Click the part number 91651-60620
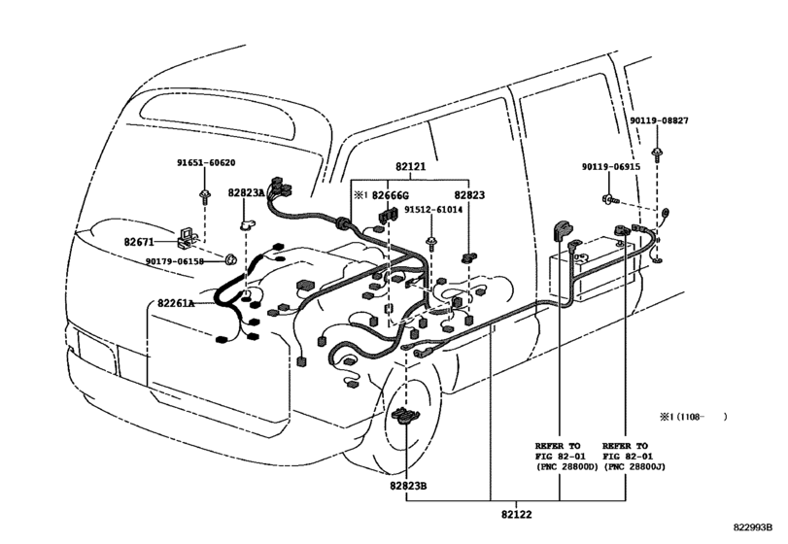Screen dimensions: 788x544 coord(206,163)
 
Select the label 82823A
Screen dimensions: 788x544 coord(246,193)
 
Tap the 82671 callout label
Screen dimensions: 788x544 coord(139,242)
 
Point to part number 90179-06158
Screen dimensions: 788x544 coord(175,261)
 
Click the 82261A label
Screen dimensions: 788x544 coord(176,303)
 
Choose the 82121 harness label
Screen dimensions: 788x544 coord(411,166)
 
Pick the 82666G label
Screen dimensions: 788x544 coord(391,195)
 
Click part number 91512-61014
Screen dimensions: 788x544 coord(433,210)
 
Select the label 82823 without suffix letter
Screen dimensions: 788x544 coord(469,195)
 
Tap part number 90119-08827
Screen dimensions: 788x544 coord(660,120)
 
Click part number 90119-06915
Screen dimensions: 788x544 coord(611,166)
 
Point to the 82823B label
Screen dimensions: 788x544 coord(408,486)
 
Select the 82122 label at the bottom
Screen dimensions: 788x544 coord(516,514)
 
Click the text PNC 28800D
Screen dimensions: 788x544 coord(567,467)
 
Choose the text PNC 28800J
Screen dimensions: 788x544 coord(634,467)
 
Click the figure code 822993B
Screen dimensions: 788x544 coord(752,527)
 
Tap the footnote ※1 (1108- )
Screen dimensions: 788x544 coord(693,417)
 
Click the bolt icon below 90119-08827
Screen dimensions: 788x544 coord(656,153)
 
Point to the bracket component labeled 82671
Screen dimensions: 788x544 coord(187,238)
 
